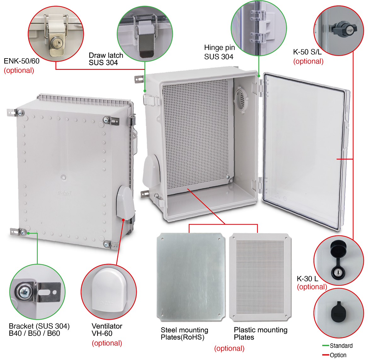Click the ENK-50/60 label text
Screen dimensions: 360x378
tap(21, 61)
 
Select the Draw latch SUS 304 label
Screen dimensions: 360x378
tap(106, 59)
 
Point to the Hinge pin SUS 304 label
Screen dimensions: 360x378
tap(219, 52)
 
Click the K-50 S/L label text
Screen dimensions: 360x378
tap(307, 52)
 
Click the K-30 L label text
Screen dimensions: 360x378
tap(307, 278)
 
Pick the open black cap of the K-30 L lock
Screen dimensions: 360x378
tap(337, 248)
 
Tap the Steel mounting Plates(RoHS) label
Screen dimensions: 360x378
tap(184, 334)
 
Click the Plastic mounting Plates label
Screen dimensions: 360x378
tap(261, 334)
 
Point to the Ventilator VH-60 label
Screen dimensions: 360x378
tap(107, 330)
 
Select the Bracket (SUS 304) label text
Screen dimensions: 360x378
tap(39, 326)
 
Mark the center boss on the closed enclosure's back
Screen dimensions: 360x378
tap(64, 177)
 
